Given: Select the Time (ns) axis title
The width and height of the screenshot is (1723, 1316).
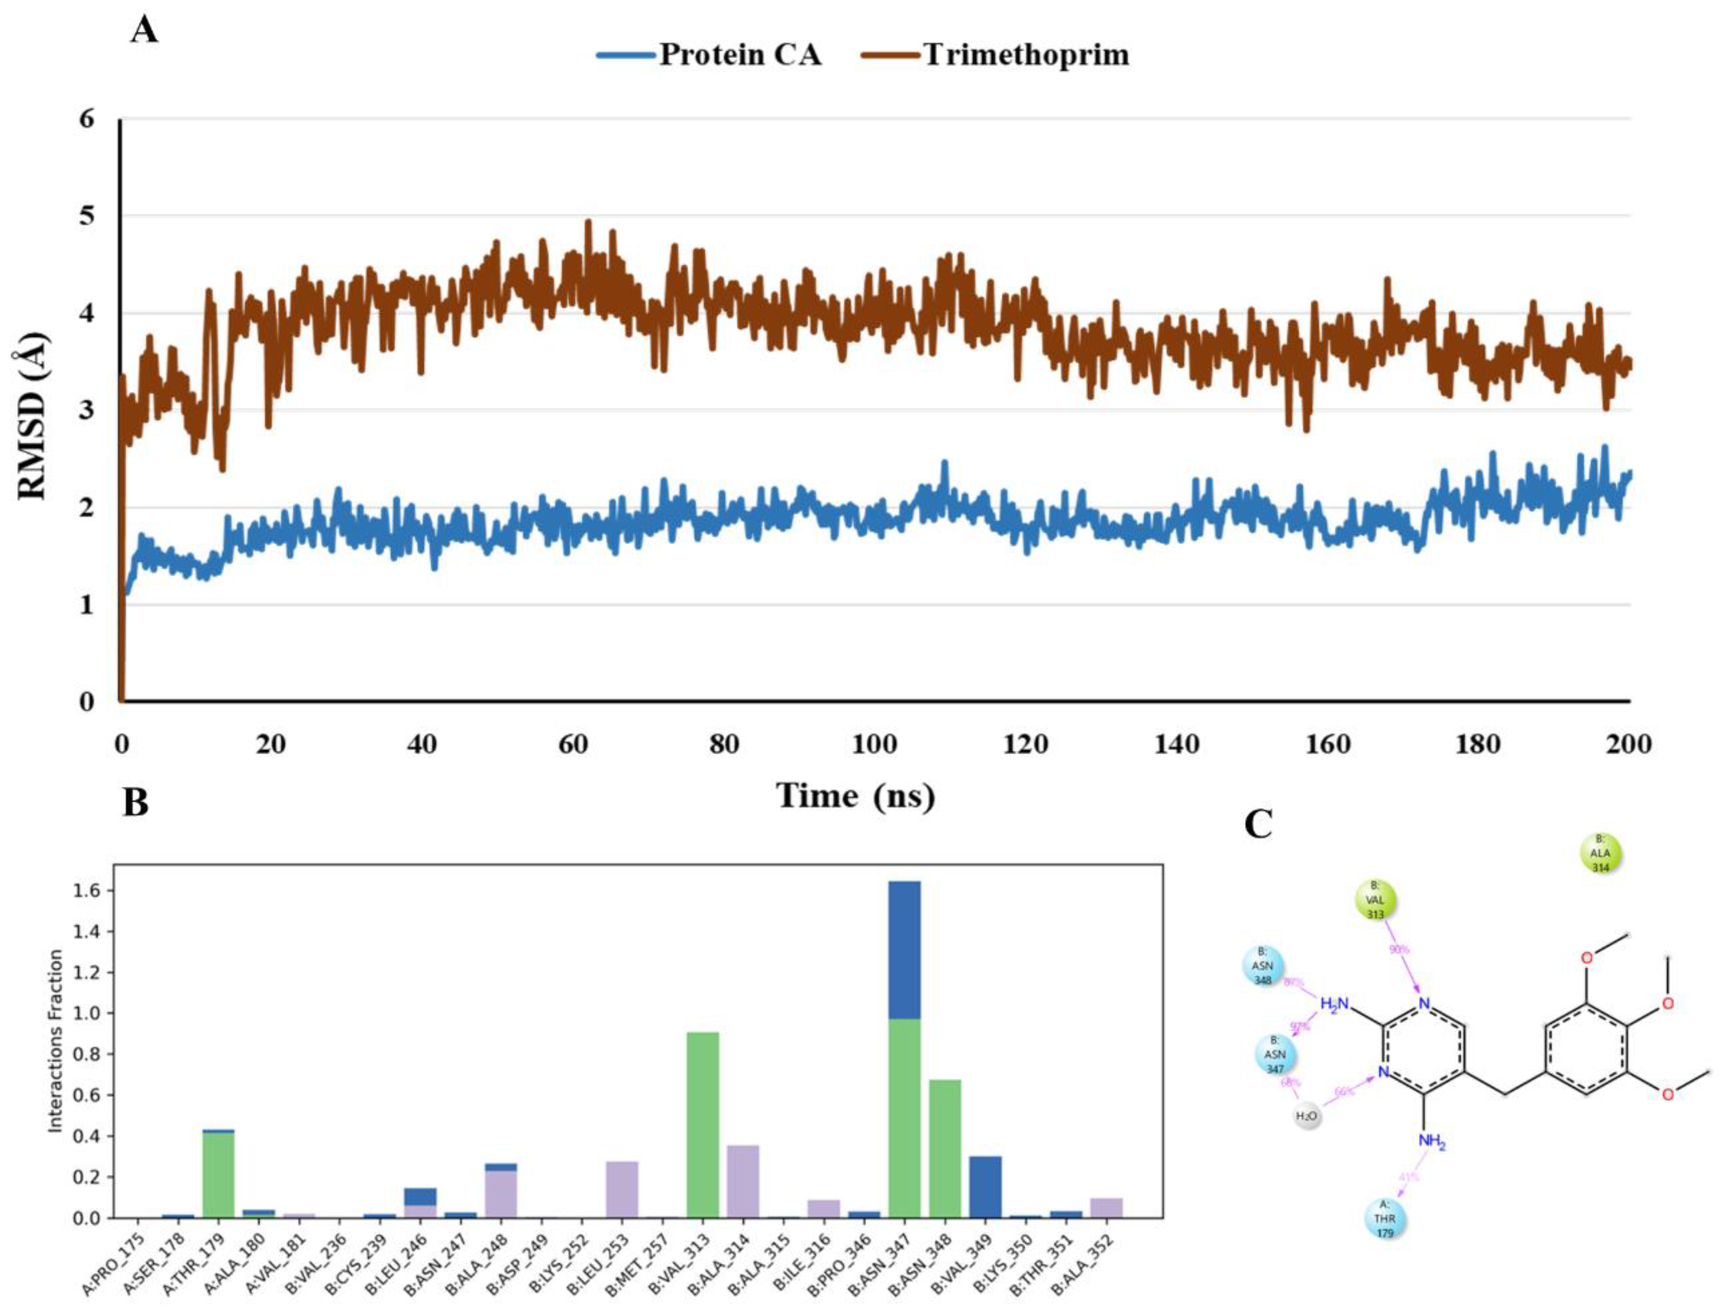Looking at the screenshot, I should click(x=856, y=796).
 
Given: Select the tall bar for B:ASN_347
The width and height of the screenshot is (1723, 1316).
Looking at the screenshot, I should click(x=904, y=1050).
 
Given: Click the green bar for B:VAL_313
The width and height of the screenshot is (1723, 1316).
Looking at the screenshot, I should click(x=702, y=1124).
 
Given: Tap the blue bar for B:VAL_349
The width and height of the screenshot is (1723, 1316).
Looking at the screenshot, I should click(x=985, y=1186).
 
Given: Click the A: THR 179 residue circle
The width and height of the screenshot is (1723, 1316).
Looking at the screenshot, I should click(x=1384, y=1221).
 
